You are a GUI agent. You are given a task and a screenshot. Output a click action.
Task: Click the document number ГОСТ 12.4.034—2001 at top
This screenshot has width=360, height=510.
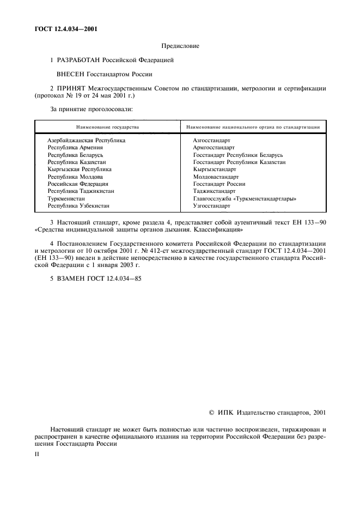[59, 28]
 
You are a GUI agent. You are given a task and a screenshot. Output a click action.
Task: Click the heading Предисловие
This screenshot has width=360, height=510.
[180, 46]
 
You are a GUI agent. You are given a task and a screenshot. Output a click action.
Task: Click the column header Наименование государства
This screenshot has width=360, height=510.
[107, 127]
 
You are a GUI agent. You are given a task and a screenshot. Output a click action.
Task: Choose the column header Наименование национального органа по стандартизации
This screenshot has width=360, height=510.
[253, 127]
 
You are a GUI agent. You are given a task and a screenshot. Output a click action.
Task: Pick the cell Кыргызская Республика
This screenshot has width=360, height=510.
[79, 169]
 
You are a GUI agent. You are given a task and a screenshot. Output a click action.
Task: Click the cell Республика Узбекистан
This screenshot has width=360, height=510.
[78, 207]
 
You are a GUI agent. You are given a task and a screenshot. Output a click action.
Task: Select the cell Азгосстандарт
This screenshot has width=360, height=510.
[211, 140]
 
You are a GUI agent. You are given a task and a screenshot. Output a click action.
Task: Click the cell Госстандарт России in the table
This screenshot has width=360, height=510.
[219, 184]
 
